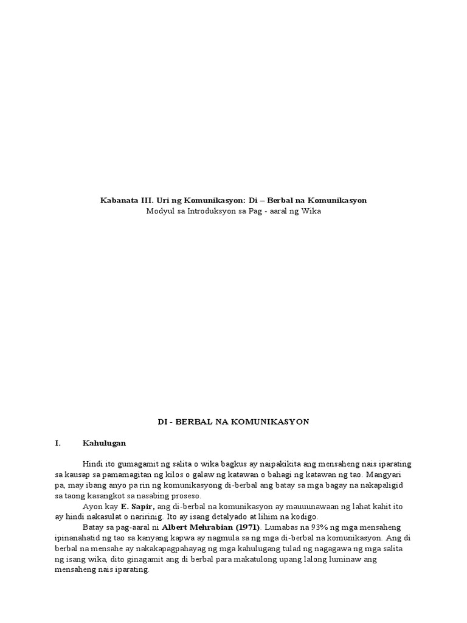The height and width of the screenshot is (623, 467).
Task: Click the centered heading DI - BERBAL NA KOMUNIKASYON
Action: click(x=233, y=422)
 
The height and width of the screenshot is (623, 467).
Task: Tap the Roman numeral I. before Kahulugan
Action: click(x=58, y=443)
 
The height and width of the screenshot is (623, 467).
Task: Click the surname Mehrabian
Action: click(x=209, y=527)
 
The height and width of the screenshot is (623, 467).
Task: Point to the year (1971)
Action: click(x=245, y=527)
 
